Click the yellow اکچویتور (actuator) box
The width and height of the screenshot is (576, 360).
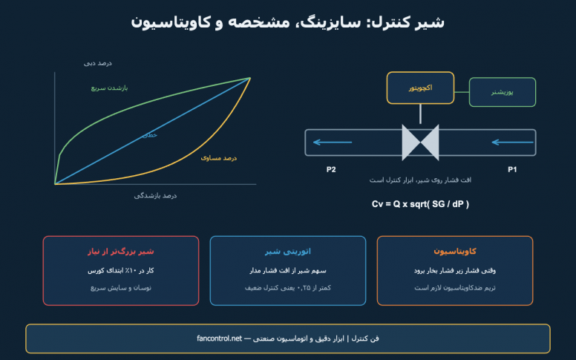tap(420, 88)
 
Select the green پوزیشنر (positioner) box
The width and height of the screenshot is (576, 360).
tap(503, 92)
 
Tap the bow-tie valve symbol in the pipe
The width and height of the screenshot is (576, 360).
tap(420, 143)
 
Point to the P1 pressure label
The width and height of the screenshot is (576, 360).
tap(512, 169)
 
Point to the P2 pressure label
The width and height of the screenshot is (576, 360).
tap(331, 169)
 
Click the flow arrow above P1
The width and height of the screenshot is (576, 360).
tap(512, 143)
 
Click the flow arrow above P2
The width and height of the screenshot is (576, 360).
tap(333, 143)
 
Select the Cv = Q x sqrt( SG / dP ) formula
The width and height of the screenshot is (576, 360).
tap(420, 204)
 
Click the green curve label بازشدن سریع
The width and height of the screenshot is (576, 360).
tap(109, 88)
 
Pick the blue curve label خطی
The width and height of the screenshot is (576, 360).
tap(150, 135)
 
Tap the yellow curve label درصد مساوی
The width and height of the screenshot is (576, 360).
tap(218, 158)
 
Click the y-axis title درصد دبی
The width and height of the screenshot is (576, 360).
tap(98, 63)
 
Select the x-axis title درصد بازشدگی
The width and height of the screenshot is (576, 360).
tap(155, 195)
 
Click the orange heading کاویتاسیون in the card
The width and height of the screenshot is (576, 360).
tap(455, 252)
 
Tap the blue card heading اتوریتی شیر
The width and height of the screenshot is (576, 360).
tap(288, 252)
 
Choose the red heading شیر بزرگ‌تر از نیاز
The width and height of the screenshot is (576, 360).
tap(121, 252)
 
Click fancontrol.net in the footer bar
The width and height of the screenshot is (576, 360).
tap(219, 338)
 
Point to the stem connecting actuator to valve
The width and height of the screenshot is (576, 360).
tap(420, 114)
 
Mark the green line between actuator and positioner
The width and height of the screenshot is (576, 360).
tap(462, 92)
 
